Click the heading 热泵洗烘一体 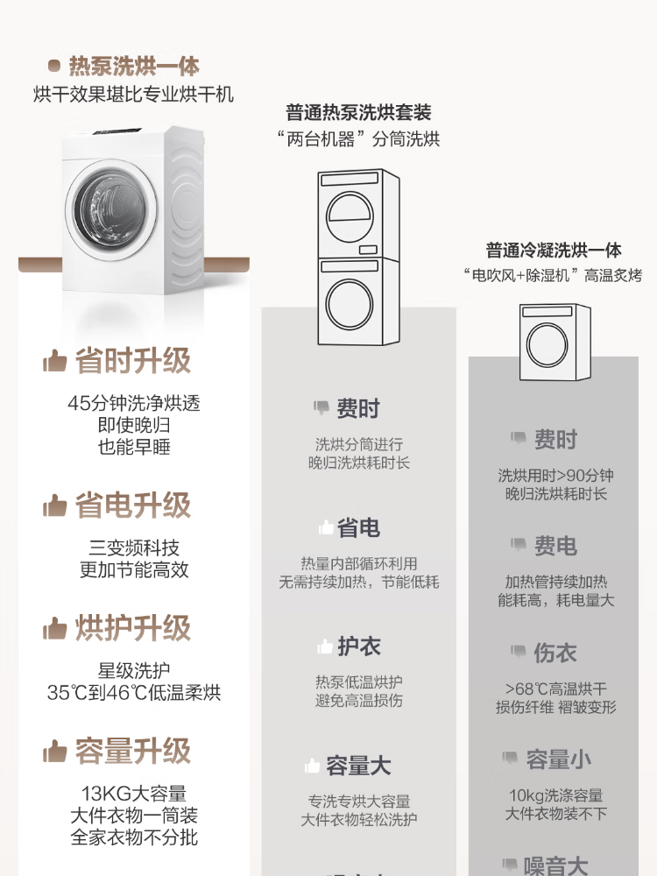133,67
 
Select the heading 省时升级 132,361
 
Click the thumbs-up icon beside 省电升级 55,506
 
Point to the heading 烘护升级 132,628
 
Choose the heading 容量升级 132,751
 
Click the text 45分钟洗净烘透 133,404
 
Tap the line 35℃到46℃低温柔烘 133,693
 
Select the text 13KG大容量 133,794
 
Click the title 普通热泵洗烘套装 358,113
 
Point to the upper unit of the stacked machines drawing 358,214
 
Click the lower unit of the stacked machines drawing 358,302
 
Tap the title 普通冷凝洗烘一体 554,251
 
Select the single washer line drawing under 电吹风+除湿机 555,343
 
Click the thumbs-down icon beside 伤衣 519,653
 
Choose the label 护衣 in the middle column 359,647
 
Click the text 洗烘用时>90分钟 555,476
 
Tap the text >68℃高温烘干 555,689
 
